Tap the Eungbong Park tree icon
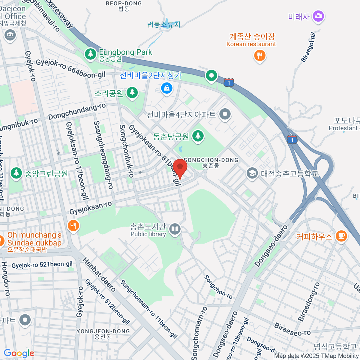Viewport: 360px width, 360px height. click(90, 54)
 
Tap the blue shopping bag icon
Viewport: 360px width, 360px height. click(166, 88)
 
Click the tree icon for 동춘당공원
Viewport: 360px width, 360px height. click(198, 136)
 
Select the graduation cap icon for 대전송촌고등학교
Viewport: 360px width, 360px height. click(252, 173)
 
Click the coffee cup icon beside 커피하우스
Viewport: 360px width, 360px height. click(341, 236)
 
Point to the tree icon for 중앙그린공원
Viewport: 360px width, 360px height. click(16, 173)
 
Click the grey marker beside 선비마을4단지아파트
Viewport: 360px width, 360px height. click(225, 114)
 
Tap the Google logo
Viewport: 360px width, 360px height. click(19, 353)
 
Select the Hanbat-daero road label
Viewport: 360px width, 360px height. click(99, 274)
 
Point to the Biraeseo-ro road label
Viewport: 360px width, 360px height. click(292, 329)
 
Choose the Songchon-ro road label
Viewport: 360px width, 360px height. click(218, 287)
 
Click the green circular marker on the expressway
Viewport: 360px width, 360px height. click(211, 75)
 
